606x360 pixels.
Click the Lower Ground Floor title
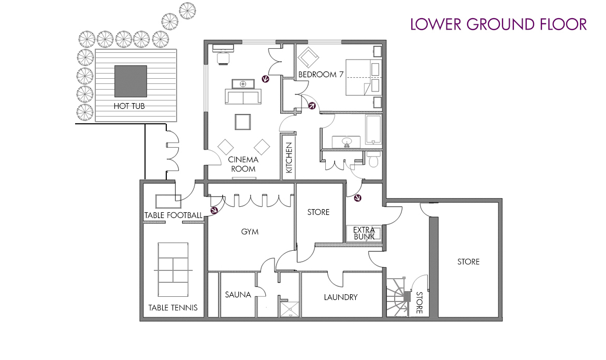click(498, 24)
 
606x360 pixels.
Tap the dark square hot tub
click(131, 81)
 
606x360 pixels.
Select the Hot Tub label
click(129, 106)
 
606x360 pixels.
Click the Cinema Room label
click(243, 164)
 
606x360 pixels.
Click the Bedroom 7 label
click(321, 74)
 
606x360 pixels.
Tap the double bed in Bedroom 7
click(363, 77)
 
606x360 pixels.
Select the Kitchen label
click(289, 158)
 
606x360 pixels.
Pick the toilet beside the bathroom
click(373, 159)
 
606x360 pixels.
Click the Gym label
click(250, 232)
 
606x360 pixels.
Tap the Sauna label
click(238, 295)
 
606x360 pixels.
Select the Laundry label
click(340, 297)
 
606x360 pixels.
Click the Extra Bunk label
click(364, 233)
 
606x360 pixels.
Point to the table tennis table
click(173, 270)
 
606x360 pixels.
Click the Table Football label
click(173, 215)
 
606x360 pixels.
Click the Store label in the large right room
click(468, 262)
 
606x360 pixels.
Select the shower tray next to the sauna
click(290, 309)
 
